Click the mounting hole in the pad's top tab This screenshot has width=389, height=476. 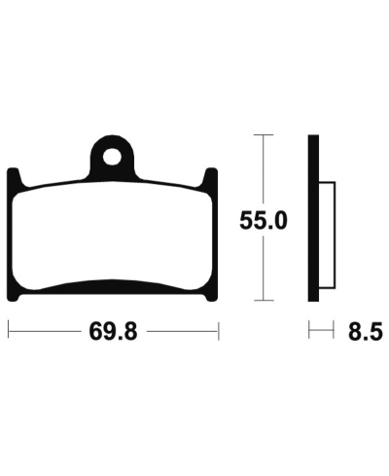click(x=113, y=154)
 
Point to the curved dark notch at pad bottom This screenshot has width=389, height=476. click(x=113, y=285)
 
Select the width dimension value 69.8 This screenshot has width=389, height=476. click(x=113, y=332)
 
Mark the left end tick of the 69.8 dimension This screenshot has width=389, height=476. click(x=8, y=332)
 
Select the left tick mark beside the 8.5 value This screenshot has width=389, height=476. click(x=310, y=332)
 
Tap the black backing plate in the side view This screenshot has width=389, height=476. click(x=314, y=219)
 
